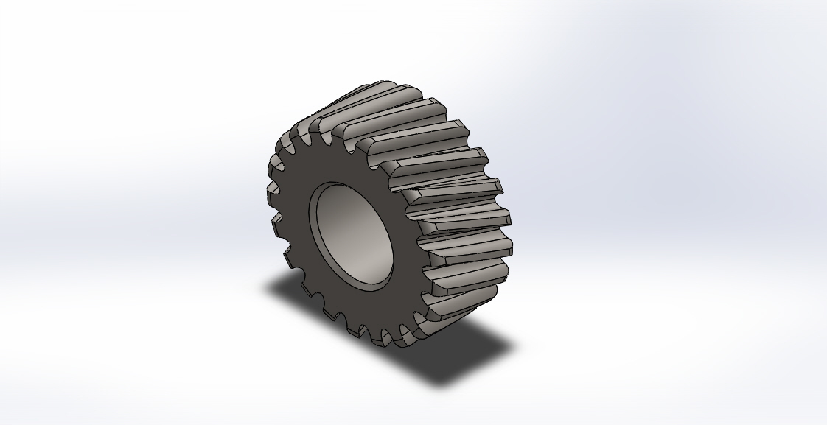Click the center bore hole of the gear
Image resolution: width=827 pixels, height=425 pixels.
[x=353, y=235]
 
